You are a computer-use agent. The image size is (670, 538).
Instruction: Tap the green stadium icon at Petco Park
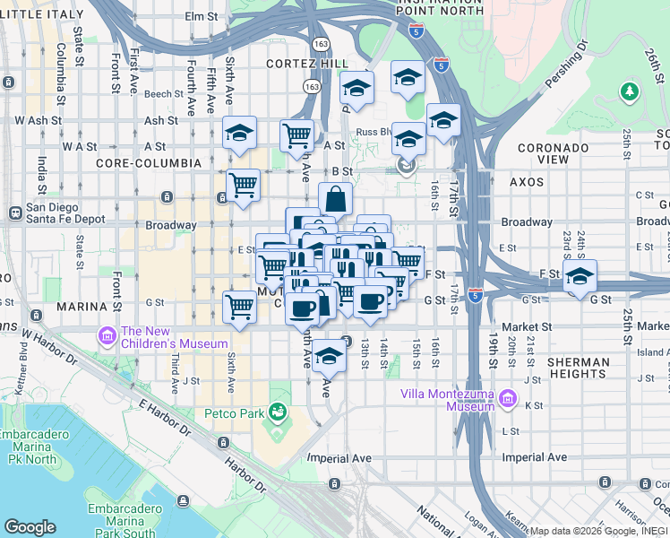pyautogui.click(x=279, y=412)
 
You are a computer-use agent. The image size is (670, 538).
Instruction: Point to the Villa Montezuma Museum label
pyautogui.click(x=448, y=399)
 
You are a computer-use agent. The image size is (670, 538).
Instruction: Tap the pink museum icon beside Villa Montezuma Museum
pyautogui.click(x=508, y=397)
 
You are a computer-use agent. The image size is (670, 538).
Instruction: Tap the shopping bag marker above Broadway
pyautogui.click(x=335, y=199)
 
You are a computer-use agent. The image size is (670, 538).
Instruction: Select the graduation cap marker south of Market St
pyautogui.click(x=329, y=356)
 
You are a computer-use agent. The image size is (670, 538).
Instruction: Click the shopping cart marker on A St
pyautogui.click(x=296, y=137)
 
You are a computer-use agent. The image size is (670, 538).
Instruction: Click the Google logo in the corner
pyautogui.click(x=30, y=527)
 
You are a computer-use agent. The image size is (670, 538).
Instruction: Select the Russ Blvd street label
pyautogui.click(x=371, y=130)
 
